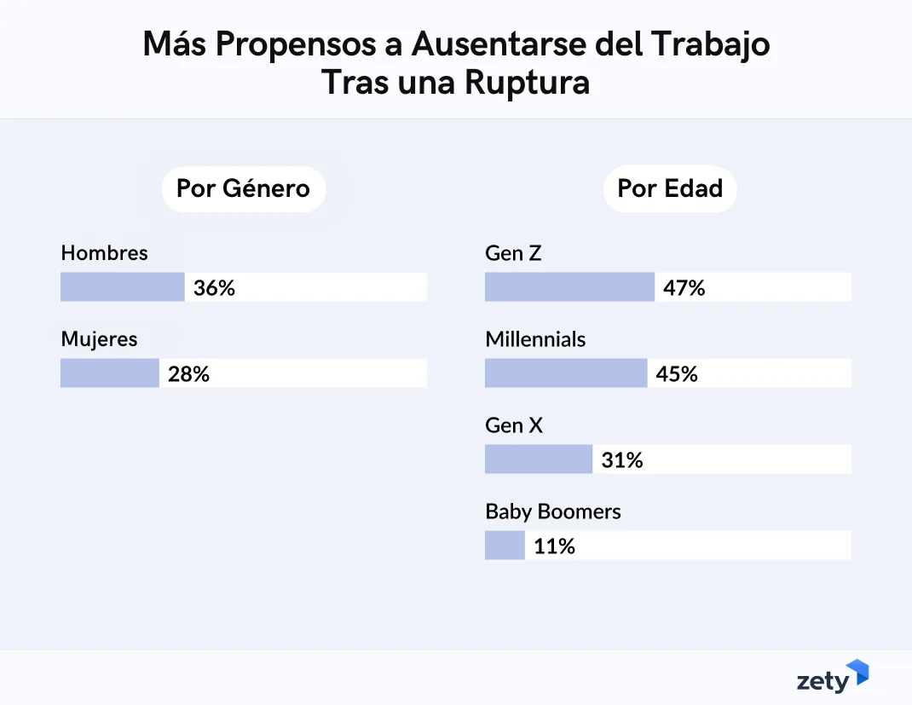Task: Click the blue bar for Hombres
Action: (122, 287)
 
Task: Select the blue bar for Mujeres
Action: (109, 373)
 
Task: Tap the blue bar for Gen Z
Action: (569, 287)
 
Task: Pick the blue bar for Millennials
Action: (565, 373)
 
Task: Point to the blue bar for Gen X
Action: (538, 459)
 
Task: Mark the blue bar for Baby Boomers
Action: (505, 546)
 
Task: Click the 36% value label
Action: (214, 288)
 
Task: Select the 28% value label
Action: (188, 374)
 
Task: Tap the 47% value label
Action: (684, 288)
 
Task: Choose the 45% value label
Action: (677, 374)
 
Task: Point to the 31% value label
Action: (622, 460)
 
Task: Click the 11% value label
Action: (554, 546)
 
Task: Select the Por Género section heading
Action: (243, 188)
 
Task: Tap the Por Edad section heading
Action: (670, 188)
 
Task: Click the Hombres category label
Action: (104, 253)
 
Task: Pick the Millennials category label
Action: (535, 339)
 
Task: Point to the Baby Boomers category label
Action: (553, 511)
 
